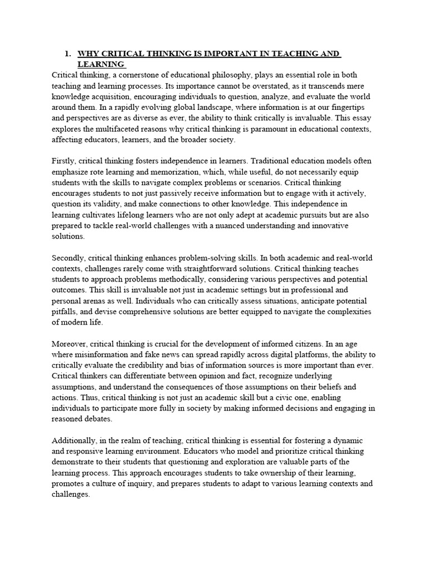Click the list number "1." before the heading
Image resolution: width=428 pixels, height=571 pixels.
tap(68, 54)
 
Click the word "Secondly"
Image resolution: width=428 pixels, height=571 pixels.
tap(70, 258)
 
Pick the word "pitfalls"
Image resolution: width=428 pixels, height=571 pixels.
tap(65, 312)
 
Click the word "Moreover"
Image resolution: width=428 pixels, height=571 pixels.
tap(69, 344)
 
